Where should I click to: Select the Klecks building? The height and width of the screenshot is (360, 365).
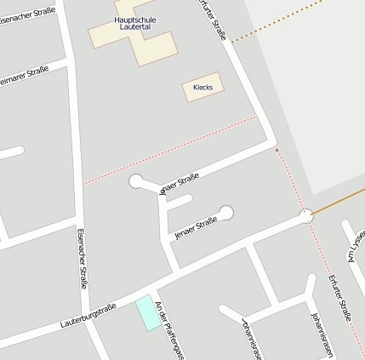coord(202,87)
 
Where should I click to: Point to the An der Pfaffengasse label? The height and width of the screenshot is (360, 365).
coord(169,334)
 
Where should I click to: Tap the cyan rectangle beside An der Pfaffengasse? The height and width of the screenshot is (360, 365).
coord(146,312)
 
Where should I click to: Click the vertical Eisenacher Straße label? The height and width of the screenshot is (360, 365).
coord(83,259)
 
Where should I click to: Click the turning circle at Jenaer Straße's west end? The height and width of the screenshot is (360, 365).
coord(136,180)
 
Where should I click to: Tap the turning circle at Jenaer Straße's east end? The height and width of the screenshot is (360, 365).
coord(226,212)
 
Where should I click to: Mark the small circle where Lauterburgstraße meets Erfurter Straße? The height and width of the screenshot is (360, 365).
coord(307,216)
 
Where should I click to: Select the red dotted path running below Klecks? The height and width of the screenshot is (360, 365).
coord(170,150)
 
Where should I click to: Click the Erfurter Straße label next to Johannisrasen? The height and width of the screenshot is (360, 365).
coord(339,297)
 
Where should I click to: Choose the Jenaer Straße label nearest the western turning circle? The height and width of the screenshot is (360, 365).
coord(179,183)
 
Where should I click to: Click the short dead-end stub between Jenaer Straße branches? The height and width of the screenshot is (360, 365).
coord(178,203)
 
